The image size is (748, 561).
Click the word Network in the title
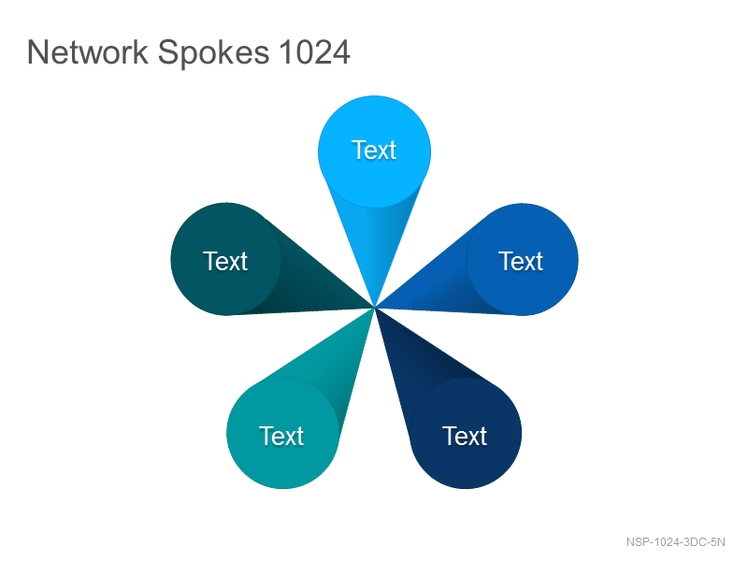[88, 52]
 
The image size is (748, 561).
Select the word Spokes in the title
[214, 53]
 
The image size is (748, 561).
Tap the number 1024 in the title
[315, 52]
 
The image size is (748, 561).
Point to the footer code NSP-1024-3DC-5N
[675, 542]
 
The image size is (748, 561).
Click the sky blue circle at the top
[375, 151]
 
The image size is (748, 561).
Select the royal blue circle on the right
[522, 260]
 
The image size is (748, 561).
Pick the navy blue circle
[465, 433]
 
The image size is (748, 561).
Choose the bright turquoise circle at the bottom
[283, 433]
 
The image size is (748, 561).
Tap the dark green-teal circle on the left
[226, 259]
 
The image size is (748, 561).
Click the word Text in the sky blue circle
[374, 151]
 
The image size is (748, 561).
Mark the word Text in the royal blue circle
[521, 262]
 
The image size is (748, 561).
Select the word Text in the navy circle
[465, 436]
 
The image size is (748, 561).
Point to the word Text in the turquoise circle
[281, 436]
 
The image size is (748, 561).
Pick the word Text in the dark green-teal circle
[225, 262]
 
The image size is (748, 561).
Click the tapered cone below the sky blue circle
[375, 238]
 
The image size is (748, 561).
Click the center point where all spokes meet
[375, 309]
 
